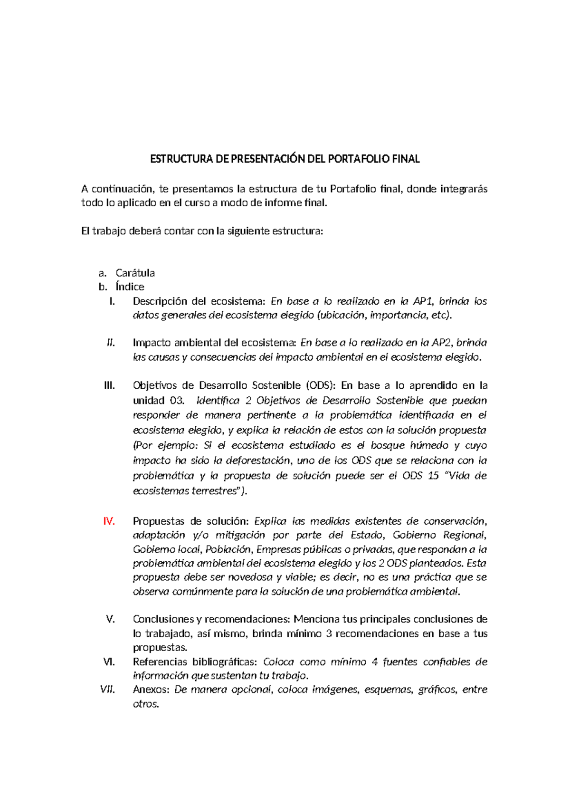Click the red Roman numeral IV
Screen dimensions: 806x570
109,521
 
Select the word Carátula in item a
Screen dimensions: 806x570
135,273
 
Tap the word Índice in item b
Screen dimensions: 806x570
130,287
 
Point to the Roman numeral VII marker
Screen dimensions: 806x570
108,690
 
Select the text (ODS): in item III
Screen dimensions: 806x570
321,385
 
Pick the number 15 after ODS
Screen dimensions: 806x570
433,476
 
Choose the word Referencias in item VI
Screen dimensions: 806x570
160,662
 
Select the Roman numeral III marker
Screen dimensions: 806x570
109,385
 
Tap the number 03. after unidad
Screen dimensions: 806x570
173,401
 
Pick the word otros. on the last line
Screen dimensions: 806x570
146,704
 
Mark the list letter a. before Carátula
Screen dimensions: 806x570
102,273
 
